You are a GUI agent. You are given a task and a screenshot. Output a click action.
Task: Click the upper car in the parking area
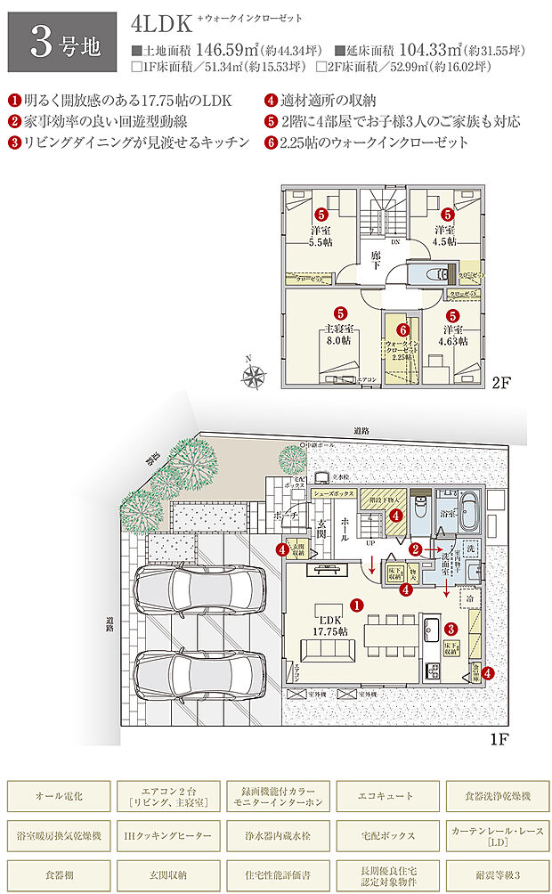(200, 589)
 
